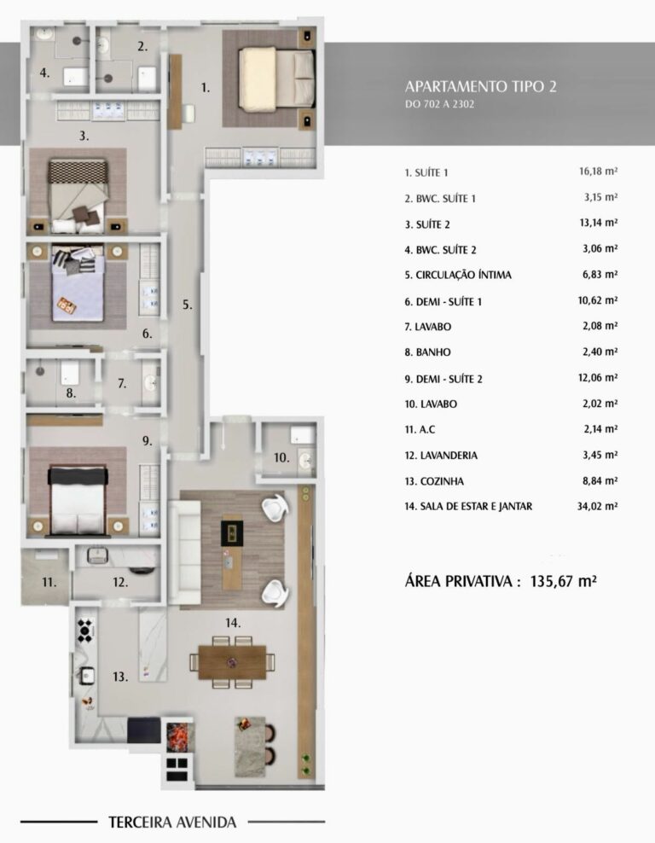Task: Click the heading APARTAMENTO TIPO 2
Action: click(480, 86)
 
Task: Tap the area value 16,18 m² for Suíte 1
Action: click(598, 172)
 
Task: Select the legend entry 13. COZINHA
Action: click(434, 481)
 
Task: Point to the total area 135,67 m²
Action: click(564, 581)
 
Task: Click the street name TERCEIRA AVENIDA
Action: click(172, 822)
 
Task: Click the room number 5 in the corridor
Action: click(187, 305)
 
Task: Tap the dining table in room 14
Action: click(232, 662)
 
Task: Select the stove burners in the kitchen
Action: click(85, 631)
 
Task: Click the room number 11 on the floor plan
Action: click(49, 582)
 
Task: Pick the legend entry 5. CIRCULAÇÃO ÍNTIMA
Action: click(458, 276)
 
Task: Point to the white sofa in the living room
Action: click(185, 551)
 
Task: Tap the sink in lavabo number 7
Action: click(151, 383)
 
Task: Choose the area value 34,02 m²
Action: click(597, 506)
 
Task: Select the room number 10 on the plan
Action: click(281, 458)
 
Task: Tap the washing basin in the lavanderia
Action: click(97, 555)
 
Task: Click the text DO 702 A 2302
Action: click(439, 104)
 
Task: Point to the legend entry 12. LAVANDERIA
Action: click(441, 456)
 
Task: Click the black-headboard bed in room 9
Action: click(78, 501)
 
